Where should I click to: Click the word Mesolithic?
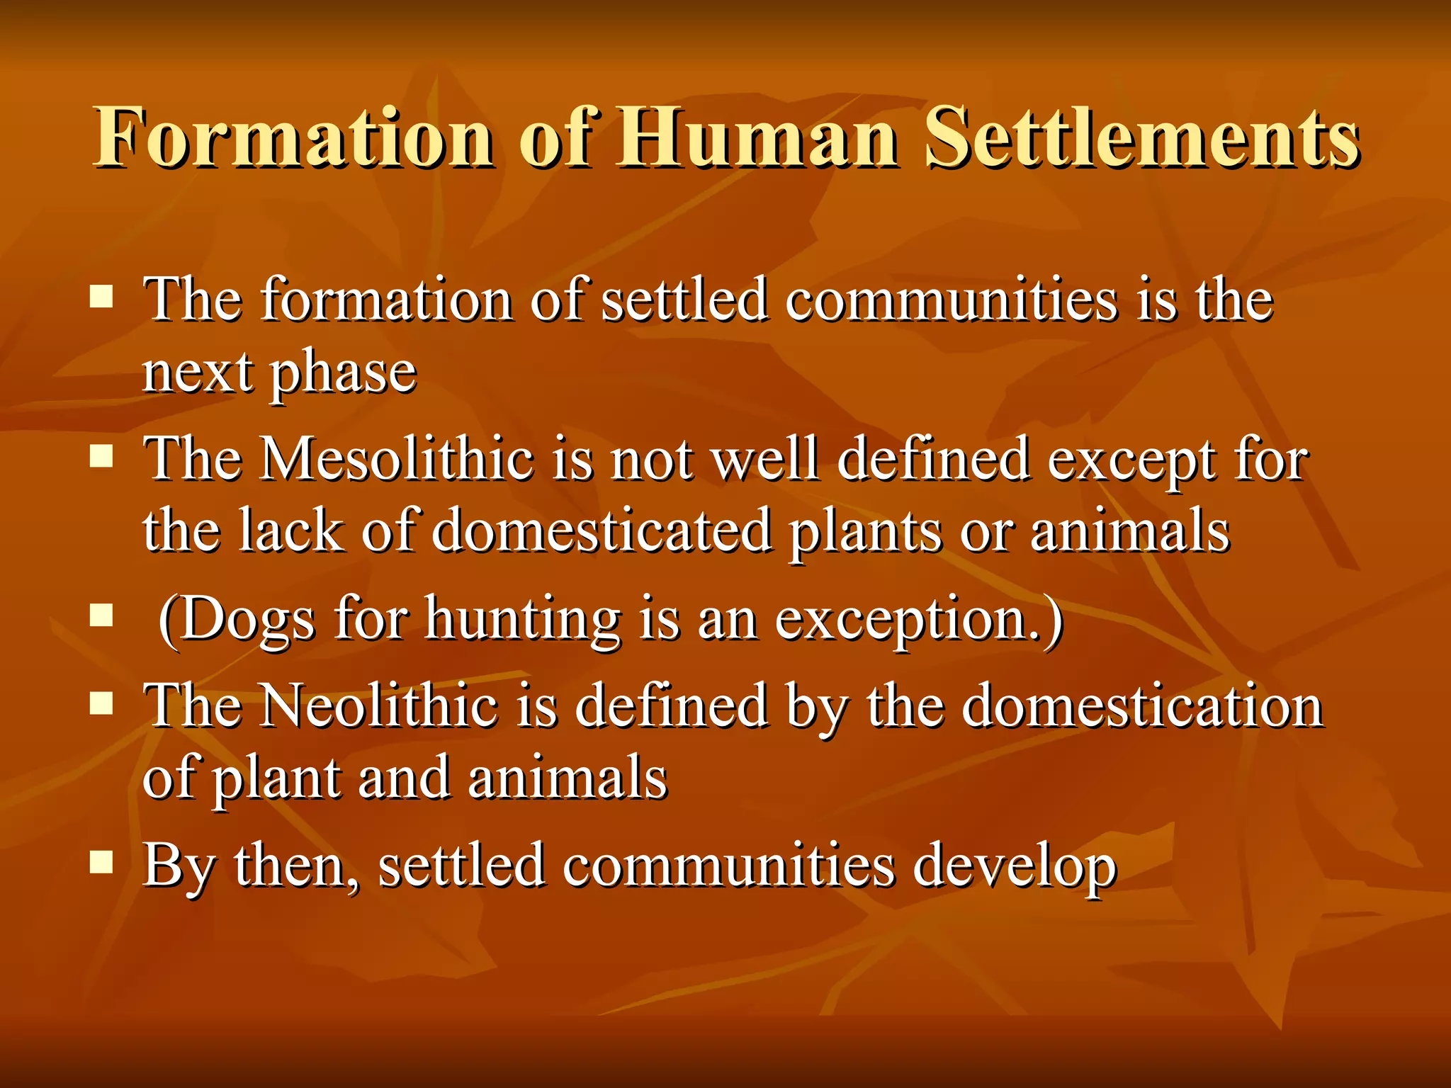pyautogui.click(x=397, y=459)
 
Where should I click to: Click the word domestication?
pyautogui.click(x=1142, y=705)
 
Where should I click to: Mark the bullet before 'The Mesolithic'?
pyautogui.click(x=102, y=457)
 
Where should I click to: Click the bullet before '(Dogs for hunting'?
pyautogui.click(x=102, y=616)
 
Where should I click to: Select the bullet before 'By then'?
pyautogui.click(x=102, y=862)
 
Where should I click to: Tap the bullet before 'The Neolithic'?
pyautogui.click(x=102, y=703)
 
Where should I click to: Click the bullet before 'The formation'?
pyautogui.click(x=102, y=297)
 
